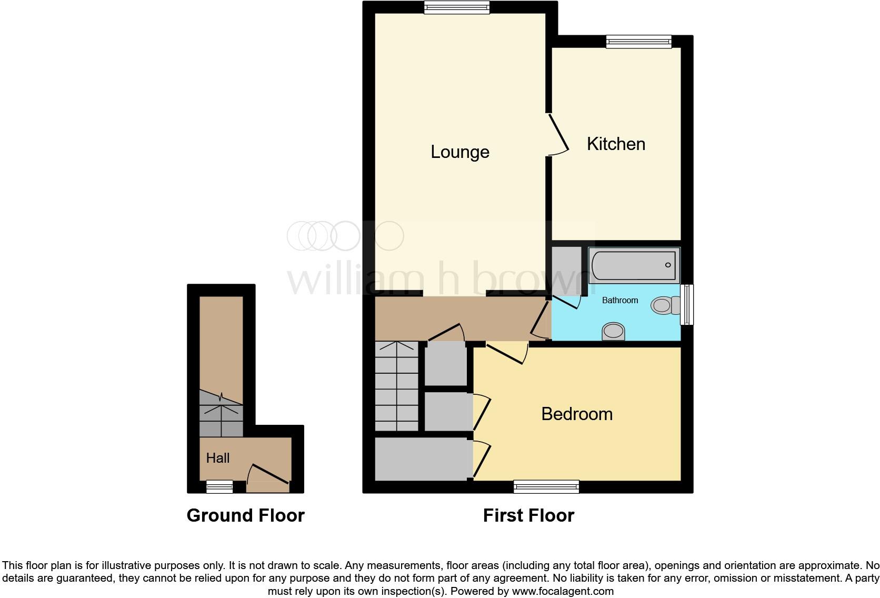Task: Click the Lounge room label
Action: tap(459, 152)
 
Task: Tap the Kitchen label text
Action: tap(616, 144)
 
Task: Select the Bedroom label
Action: tap(576, 414)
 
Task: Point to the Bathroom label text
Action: tap(619, 300)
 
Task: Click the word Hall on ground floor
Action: tap(217, 458)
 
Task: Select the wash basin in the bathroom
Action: tap(613, 332)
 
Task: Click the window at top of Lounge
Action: tap(457, 7)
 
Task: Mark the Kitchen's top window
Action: tap(638, 42)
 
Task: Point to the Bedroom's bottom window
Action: tap(546, 487)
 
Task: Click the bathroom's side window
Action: tap(687, 305)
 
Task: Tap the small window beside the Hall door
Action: tap(219, 487)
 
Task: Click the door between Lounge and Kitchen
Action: tap(558, 134)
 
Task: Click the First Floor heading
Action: tap(528, 515)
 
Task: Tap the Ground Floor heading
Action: tap(245, 515)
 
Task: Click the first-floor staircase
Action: tap(396, 386)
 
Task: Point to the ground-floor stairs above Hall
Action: tap(221, 414)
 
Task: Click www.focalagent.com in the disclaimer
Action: tap(563, 591)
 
